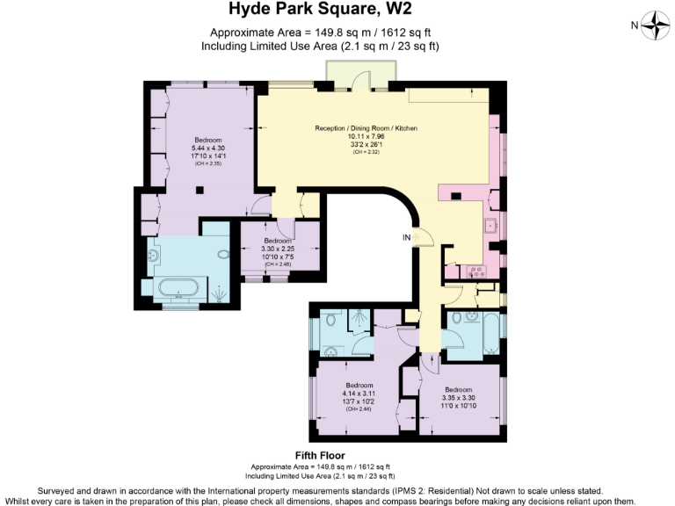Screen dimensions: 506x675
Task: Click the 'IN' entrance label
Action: click(406, 237)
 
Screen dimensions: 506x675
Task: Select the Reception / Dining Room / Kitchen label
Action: click(367, 128)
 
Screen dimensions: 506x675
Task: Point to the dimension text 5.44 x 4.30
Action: click(208, 148)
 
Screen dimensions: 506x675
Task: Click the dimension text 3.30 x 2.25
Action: click(278, 249)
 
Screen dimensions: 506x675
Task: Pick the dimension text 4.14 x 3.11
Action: click(359, 394)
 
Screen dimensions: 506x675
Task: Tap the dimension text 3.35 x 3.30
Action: click(459, 398)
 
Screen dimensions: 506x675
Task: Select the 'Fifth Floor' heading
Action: click(320, 455)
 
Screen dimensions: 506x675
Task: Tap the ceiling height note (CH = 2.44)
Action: click(359, 409)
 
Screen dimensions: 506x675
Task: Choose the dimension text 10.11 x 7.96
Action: click(367, 136)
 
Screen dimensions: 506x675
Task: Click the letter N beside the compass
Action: click(635, 26)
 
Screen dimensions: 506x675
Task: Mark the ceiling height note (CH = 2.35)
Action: click(208, 163)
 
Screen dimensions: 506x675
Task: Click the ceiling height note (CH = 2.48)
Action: click(278, 264)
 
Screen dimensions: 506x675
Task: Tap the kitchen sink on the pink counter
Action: click(490, 226)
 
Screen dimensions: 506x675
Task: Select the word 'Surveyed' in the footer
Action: click(59, 490)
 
